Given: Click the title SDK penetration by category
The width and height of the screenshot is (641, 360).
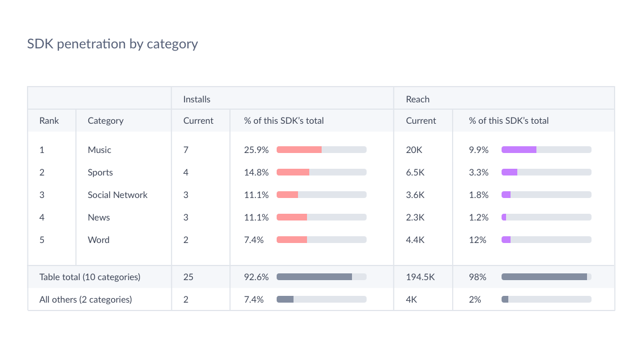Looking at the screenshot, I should [112, 44].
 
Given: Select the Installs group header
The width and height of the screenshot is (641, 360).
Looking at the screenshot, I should [197, 99].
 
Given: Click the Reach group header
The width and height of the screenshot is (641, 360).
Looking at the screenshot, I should [418, 99].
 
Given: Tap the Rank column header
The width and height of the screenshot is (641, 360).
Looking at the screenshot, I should [49, 120].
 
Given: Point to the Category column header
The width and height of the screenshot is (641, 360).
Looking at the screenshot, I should [105, 120].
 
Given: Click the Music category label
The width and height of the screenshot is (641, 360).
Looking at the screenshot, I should [100, 150].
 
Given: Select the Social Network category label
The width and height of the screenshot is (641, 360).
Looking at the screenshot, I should [118, 195].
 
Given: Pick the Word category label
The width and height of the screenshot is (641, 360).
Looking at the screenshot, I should [98, 240].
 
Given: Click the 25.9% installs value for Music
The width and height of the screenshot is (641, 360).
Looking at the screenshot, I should [256, 150].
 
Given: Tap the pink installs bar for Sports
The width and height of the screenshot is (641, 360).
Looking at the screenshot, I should [293, 172].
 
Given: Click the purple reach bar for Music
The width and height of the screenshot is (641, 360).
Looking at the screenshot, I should [519, 150].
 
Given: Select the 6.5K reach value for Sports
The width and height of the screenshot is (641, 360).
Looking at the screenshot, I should [416, 172].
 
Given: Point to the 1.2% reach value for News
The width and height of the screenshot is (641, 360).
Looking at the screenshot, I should [479, 217].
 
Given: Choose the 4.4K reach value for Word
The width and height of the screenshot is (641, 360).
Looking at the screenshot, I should [416, 240].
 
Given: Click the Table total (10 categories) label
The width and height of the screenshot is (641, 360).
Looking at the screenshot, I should [90, 277].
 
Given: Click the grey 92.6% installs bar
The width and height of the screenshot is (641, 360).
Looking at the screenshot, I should [314, 277].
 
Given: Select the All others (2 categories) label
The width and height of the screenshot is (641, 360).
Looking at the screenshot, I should [85, 299].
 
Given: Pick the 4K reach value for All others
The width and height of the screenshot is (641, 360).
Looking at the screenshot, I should [412, 299].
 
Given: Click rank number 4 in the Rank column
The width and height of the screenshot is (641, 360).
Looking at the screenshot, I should [42, 217].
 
